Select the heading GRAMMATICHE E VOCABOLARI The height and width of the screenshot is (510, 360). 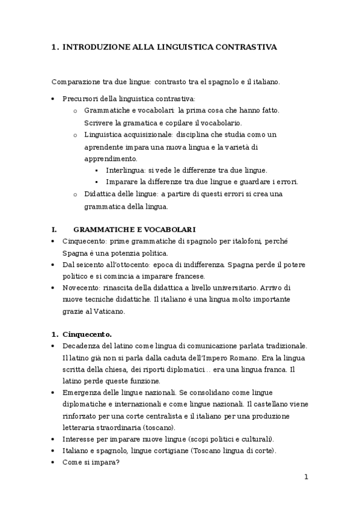(134, 229)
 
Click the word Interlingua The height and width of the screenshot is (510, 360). (125, 170)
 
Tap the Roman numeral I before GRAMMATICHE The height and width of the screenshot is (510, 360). (54, 229)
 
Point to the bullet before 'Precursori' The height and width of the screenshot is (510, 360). (54, 99)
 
